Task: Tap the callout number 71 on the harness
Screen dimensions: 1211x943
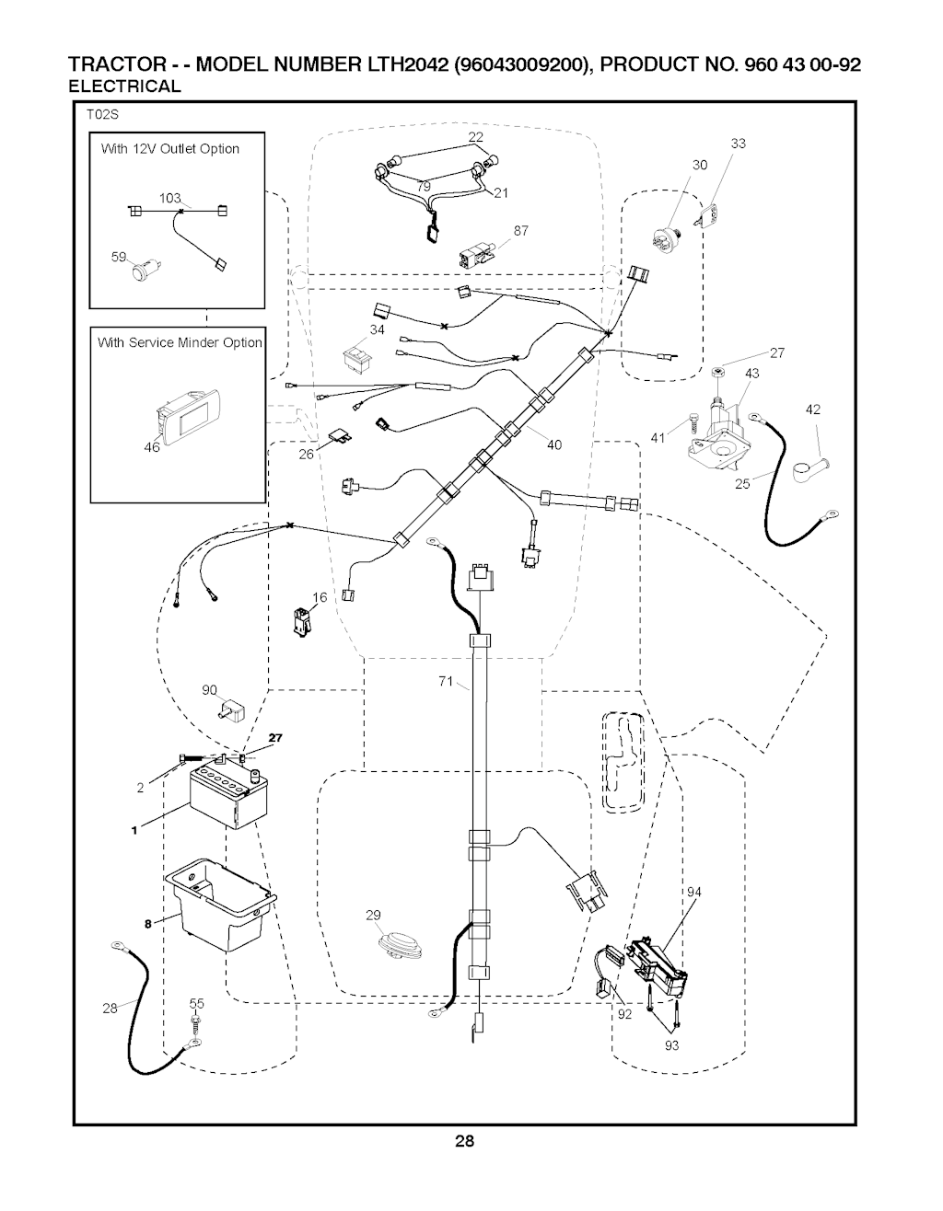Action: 445,682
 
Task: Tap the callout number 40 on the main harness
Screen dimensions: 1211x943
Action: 553,444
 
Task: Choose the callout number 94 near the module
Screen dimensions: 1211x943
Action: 693,892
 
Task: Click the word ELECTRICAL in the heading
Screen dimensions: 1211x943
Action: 125,86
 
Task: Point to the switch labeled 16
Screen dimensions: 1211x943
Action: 301,621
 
